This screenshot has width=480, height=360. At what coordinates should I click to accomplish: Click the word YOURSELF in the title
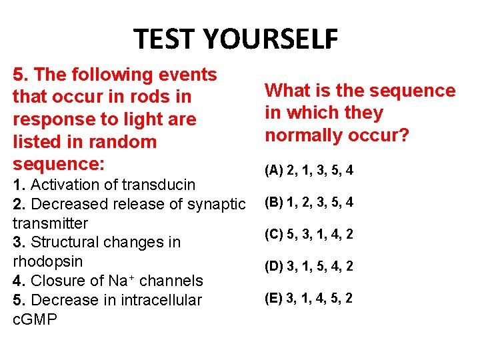tap(272, 40)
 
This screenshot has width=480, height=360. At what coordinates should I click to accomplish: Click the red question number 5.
tap(18, 75)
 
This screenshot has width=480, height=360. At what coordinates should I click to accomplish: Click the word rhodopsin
tap(43, 261)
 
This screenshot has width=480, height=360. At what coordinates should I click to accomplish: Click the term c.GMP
tap(35, 319)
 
